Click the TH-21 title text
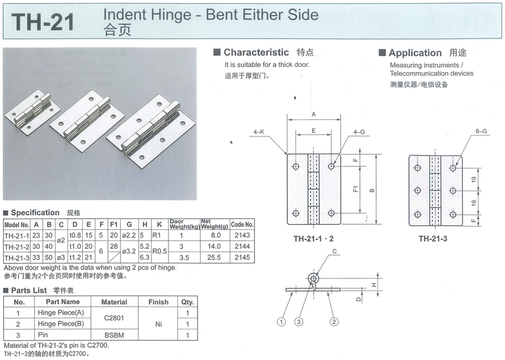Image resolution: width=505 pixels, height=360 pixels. [x=44, y=22]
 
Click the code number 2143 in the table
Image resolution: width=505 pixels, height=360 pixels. [x=241, y=236]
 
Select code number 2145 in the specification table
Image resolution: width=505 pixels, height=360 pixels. [x=241, y=258]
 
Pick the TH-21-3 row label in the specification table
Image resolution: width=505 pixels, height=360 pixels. [x=17, y=258]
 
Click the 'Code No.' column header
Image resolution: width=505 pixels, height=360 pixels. [x=242, y=224]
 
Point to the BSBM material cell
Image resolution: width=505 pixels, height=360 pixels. [x=114, y=335]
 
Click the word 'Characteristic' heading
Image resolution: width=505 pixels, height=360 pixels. [x=256, y=52]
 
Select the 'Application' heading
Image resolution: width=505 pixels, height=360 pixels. [x=415, y=53]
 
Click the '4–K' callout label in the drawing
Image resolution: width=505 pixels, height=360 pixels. [x=259, y=132]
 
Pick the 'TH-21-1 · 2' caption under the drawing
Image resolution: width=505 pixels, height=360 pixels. [x=314, y=239]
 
